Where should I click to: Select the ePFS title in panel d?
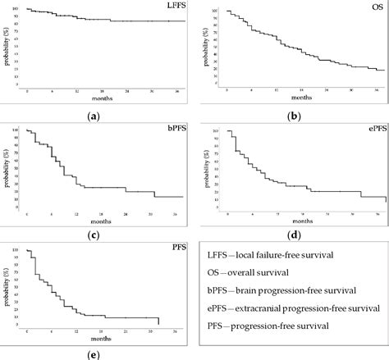tap(373, 130)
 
